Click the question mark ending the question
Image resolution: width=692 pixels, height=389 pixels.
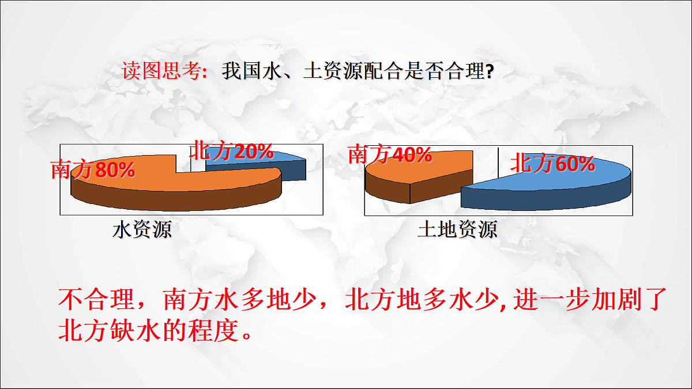(x=489, y=73)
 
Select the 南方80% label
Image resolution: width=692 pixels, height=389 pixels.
(x=93, y=170)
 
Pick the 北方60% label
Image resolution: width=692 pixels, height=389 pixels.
(x=552, y=165)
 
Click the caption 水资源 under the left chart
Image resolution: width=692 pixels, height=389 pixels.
(x=142, y=231)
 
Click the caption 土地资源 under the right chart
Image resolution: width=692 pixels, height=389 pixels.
(x=457, y=231)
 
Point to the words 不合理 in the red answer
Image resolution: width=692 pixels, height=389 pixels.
(x=86, y=300)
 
